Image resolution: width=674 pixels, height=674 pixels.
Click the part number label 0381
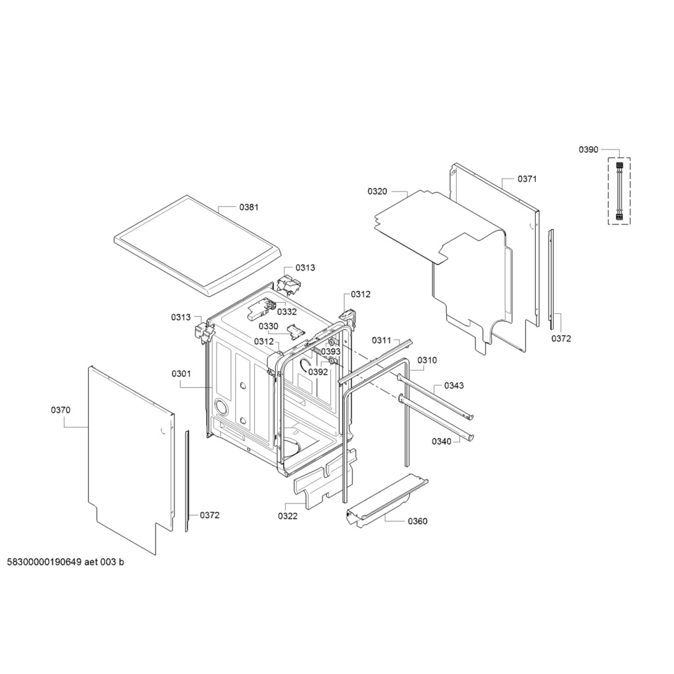(249, 207)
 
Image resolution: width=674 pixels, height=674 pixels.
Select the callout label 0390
(588, 149)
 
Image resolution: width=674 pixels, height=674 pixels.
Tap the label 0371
(527, 179)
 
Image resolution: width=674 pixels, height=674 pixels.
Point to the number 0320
(377, 192)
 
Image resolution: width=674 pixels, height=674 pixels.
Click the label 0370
(61, 410)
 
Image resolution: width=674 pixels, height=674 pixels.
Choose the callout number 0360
(417, 521)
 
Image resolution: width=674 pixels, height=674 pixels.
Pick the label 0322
(288, 516)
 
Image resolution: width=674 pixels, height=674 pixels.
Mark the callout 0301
(181, 374)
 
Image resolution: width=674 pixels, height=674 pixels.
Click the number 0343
(454, 386)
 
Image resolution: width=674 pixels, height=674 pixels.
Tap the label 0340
(442, 442)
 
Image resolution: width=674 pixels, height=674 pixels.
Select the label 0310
(427, 360)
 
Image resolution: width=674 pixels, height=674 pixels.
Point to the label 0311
(381, 340)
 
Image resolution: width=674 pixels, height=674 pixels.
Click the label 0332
(287, 311)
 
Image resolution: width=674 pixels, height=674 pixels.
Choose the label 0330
(269, 326)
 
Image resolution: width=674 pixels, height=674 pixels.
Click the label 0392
(318, 373)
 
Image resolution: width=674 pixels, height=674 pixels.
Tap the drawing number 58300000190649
(44, 562)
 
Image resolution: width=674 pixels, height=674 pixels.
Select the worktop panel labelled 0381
(196, 246)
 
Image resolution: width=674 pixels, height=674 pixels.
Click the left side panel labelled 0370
(131, 460)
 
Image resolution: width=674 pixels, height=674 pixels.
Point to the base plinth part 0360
(387, 501)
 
